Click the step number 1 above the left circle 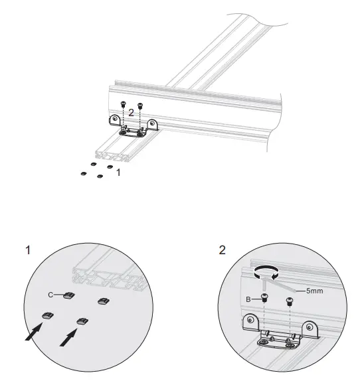[28, 250]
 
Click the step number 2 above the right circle [222, 250]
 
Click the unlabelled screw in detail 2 [290, 302]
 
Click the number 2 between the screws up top [132, 114]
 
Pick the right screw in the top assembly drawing [140, 104]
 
